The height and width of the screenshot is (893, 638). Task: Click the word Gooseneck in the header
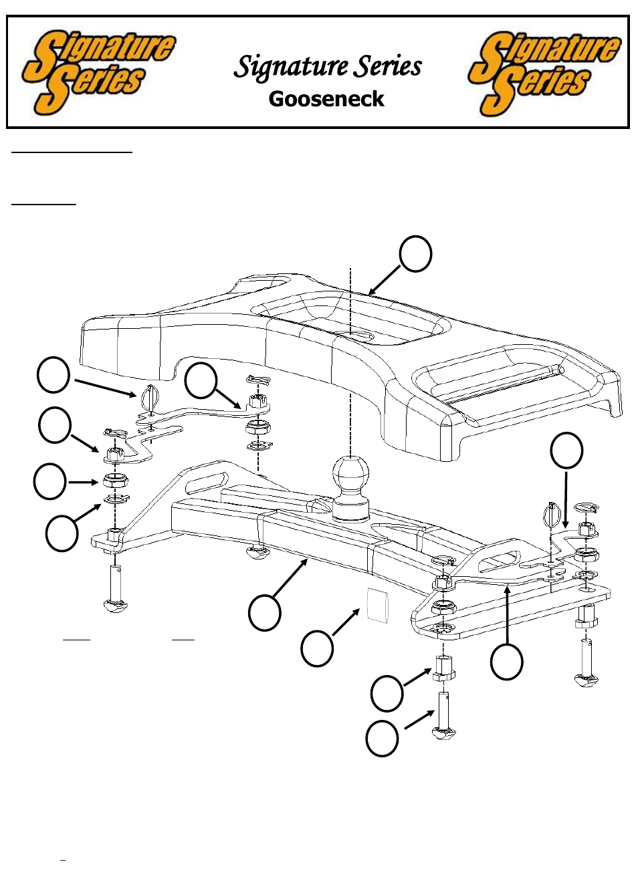pos(326,99)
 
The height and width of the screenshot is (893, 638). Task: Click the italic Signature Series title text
pos(328,66)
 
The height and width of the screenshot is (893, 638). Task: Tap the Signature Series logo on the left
pos(98,72)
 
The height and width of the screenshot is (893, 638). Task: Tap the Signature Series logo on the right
pos(543,74)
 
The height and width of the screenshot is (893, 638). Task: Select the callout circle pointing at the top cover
pos(415,254)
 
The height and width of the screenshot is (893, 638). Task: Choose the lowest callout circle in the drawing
pos(382,739)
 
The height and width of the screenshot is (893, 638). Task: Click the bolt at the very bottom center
pos(444,715)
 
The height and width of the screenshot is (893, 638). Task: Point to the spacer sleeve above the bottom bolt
pos(443,668)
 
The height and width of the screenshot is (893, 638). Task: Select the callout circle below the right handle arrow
pos(506,662)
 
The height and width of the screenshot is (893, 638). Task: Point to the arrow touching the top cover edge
pos(383,280)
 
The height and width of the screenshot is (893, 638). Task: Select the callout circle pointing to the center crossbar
pos(264,613)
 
